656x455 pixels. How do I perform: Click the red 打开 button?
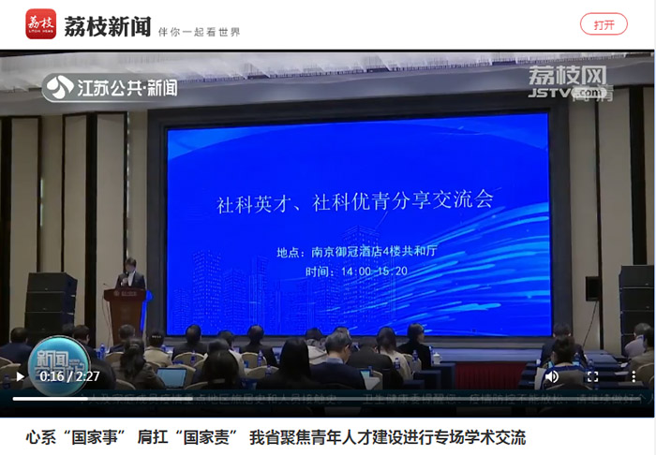pyautogui.click(x=604, y=24)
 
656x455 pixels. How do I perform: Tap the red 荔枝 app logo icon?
pyautogui.click(x=40, y=24)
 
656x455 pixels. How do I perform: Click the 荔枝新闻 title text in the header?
pyautogui.click(x=107, y=26)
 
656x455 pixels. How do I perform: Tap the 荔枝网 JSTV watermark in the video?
pyautogui.click(x=566, y=81)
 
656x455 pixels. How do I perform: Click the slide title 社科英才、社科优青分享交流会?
pyautogui.click(x=354, y=201)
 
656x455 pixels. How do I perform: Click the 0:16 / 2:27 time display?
pyautogui.click(x=69, y=376)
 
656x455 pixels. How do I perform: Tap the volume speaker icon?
pyautogui.click(x=552, y=376)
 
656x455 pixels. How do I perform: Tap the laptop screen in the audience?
pyautogui.click(x=171, y=376)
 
